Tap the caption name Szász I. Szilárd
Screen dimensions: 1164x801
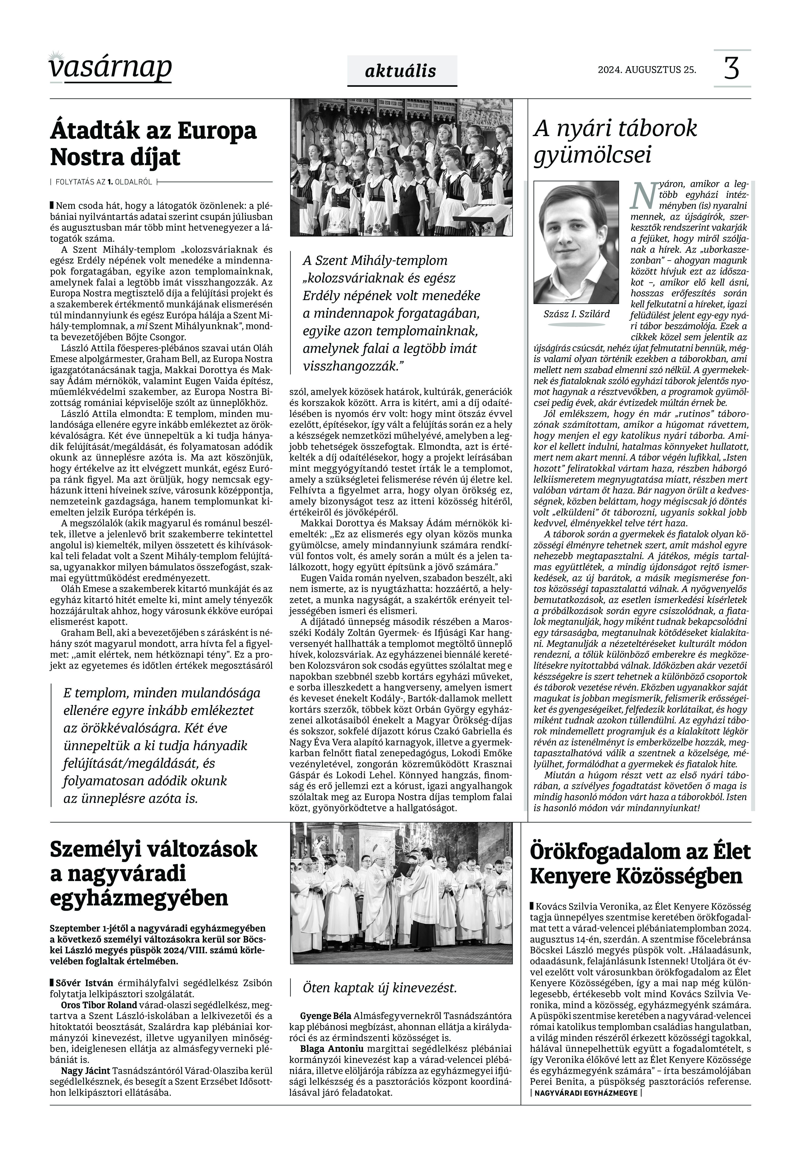576,314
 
